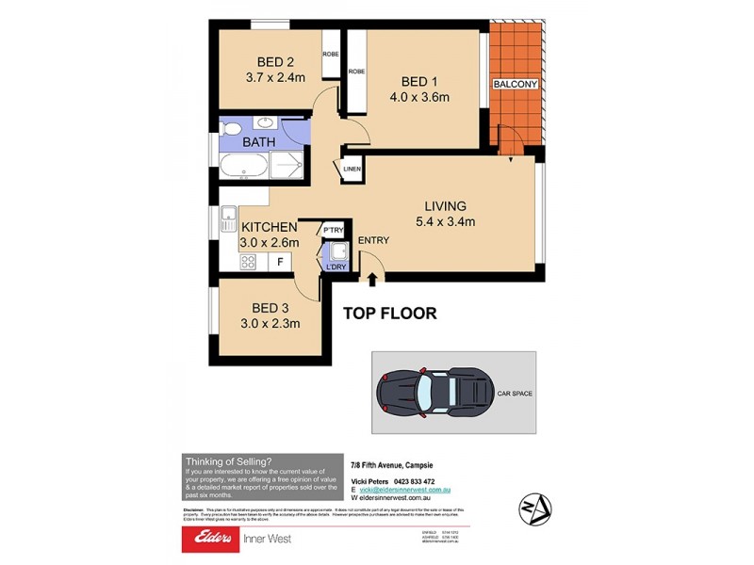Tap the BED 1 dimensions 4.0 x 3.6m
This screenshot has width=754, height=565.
(418, 96)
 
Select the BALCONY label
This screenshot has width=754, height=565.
(516, 85)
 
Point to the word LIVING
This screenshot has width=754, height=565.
(445, 206)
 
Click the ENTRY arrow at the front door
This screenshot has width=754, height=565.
(373, 278)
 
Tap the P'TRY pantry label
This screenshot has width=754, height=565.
(333, 230)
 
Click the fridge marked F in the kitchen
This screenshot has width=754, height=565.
(279, 262)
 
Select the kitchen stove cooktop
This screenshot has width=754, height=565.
(248, 263)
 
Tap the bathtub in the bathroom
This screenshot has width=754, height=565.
(243, 168)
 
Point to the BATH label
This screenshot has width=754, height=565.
(258, 142)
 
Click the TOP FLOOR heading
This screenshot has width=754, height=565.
(389, 314)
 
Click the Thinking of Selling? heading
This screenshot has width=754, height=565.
(227, 460)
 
